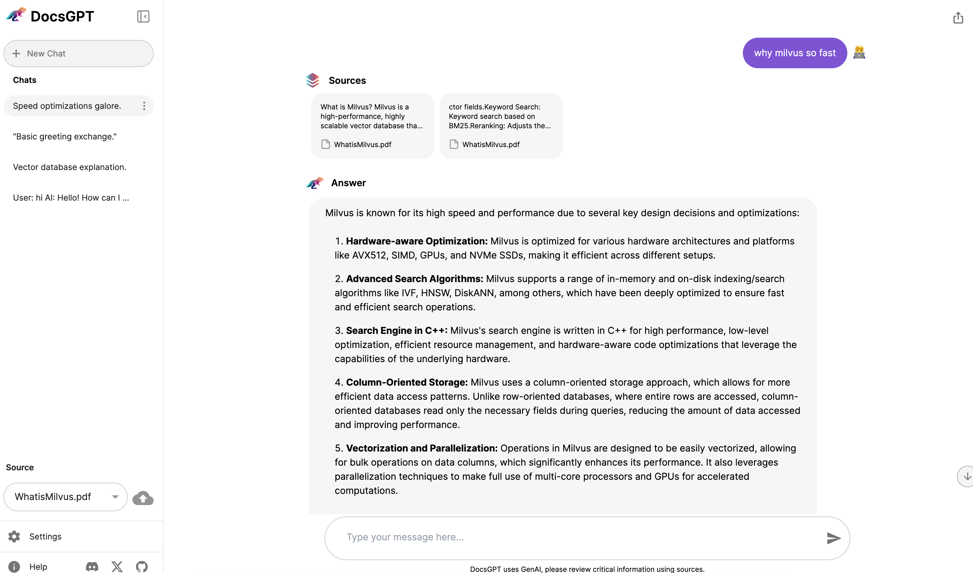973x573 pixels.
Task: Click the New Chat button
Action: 78,54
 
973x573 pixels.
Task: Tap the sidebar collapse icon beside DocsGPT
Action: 143,16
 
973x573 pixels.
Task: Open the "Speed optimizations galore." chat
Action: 67,106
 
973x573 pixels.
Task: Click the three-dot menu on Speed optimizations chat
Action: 144,106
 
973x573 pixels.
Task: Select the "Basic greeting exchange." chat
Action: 65,136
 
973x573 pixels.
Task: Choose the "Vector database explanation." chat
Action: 69,167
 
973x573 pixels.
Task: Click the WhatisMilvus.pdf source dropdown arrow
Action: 115,497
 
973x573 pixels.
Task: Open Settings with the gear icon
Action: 14,536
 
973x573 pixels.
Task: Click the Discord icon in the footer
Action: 92,567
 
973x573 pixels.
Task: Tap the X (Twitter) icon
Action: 117,567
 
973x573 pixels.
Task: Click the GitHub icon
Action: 142,567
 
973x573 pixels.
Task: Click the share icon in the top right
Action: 958,18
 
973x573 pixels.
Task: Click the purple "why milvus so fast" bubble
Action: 795,53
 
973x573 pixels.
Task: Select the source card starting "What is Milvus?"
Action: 372,126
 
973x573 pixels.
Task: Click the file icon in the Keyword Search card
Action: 454,144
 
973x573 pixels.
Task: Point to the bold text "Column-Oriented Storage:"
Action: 407,382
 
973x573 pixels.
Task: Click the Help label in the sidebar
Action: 38,567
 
